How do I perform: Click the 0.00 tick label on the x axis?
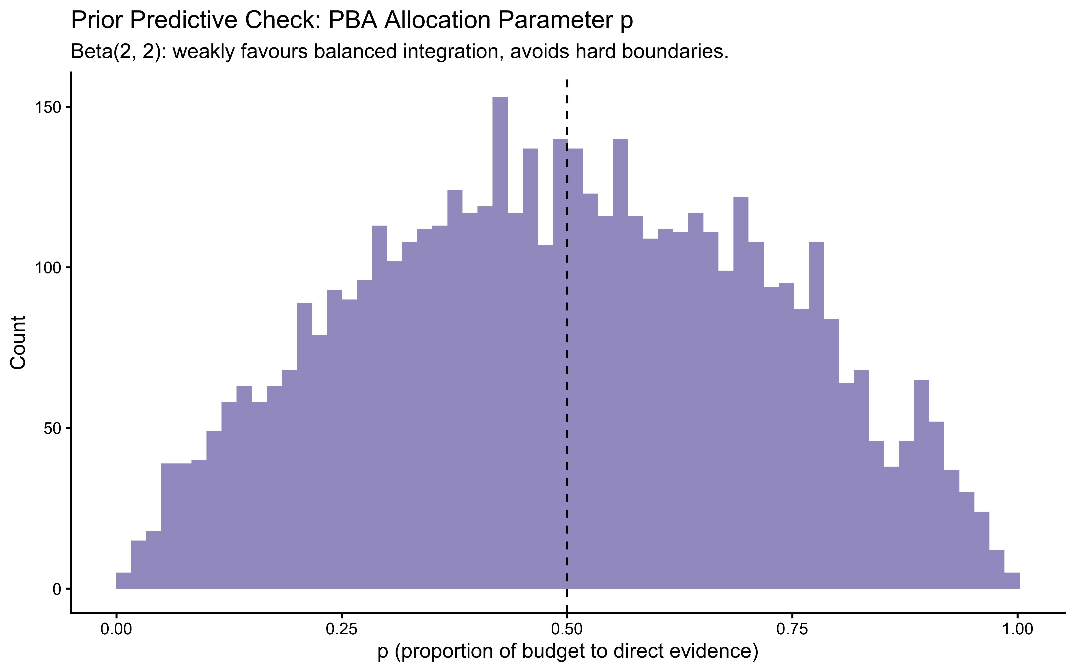pyautogui.click(x=116, y=630)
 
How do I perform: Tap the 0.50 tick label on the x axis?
pyautogui.click(x=567, y=630)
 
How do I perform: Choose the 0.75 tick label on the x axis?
pyautogui.click(x=792, y=630)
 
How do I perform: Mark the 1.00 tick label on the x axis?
pyautogui.click(x=1017, y=630)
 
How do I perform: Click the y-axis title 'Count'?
pyautogui.click(x=19, y=342)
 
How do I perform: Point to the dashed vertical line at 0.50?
pyautogui.click(x=567, y=355)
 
